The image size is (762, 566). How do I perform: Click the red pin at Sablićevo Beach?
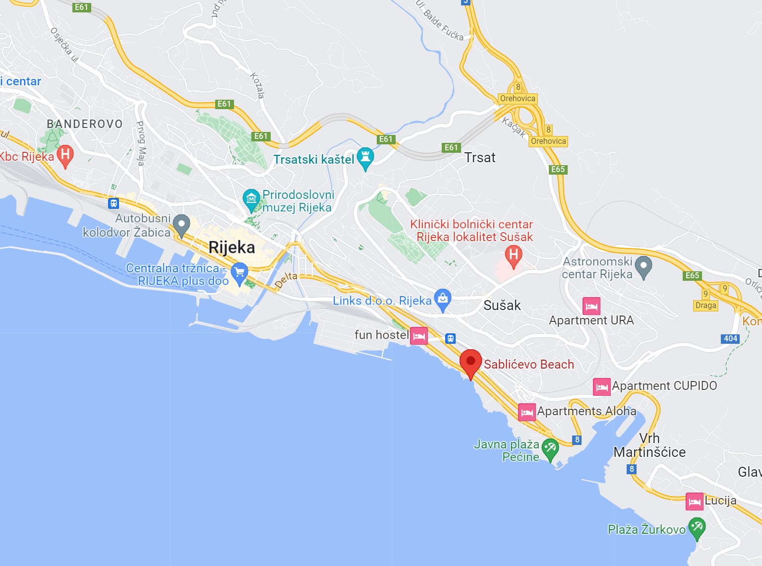(x=470, y=362)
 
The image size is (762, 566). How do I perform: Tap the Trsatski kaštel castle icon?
(x=365, y=157)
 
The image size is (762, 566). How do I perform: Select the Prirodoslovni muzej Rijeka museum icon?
(x=251, y=199)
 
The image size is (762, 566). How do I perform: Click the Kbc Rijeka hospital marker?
(x=65, y=155)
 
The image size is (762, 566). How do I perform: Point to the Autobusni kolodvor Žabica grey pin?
(x=181, y=225)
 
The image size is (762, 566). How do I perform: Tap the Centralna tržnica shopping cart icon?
(x=239, y=273)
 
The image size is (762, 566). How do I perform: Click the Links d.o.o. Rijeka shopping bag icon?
(x=442, y=299)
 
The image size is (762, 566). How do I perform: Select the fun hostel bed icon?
(x=419, y=336)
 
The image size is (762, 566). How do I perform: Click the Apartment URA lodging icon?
(x=591, y=306)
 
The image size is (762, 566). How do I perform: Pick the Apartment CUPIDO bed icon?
(x=602, y=387)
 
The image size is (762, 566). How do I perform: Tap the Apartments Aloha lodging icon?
(x=527, y=412)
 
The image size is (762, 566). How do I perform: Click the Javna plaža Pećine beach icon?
(x=550, y=448)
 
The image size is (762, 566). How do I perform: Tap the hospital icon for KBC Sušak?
(x=514, y=255)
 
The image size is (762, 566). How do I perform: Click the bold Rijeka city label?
(x=232, y=247)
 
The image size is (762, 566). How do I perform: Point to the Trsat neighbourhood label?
(x=480, y=158)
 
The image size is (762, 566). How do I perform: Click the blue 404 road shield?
(x=730, y=338)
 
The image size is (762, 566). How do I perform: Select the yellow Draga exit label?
(x=705, y=305)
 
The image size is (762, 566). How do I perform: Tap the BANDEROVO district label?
(x=85, y=124)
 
